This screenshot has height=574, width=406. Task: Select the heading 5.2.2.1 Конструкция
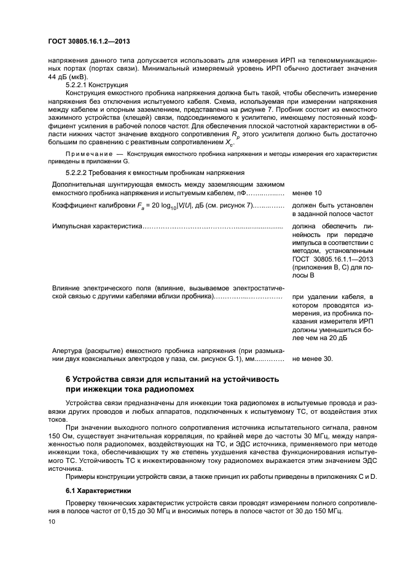click(96, 84)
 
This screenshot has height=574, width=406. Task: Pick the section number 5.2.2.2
click(79, 173)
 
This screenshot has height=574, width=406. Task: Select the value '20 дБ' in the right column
click(342, 338)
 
